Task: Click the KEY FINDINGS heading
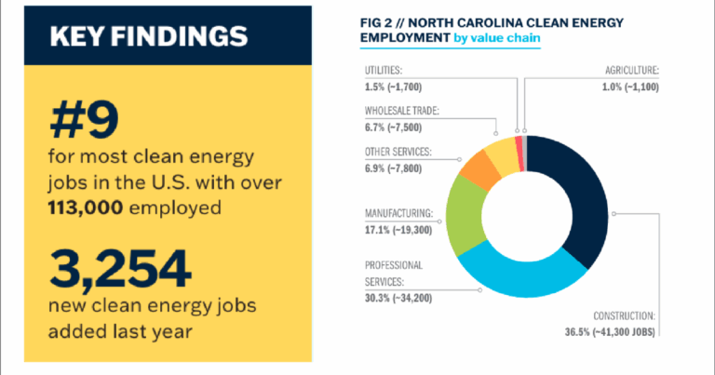148,38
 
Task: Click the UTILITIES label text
389,70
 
